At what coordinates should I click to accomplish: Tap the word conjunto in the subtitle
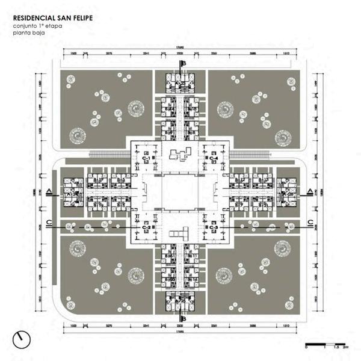[x=26, y=26]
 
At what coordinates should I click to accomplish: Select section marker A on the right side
[x=309, y=192]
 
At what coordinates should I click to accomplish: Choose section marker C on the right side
[x=309, y=223]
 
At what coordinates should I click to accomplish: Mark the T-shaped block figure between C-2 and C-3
[x=179, y=234]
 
